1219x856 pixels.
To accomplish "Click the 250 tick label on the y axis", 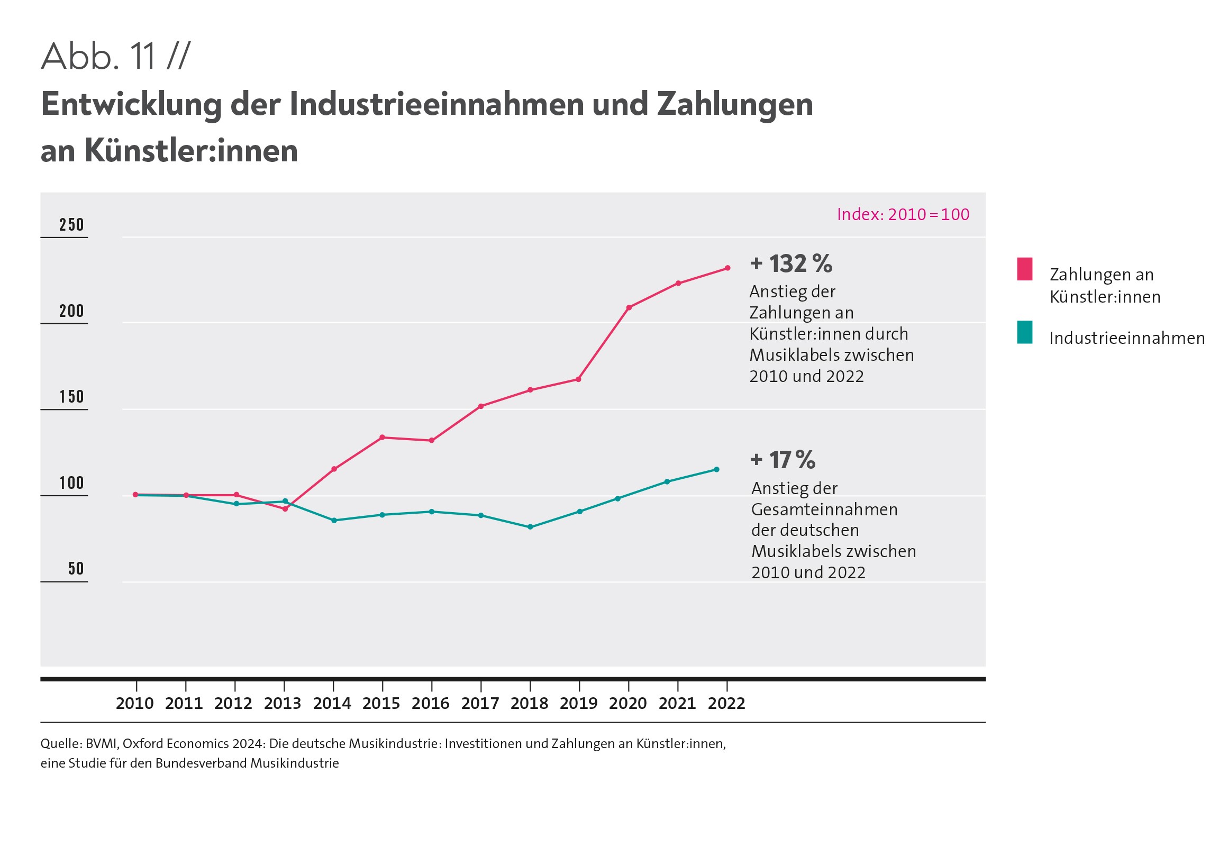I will coord(71,225).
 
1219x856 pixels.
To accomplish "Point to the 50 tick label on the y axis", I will coord(76,569).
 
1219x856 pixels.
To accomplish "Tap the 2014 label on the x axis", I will coord(332,704).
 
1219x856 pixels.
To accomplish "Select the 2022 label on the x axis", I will coord(726,704).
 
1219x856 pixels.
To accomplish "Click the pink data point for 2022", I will coord(727,268).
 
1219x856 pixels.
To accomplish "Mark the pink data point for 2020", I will coord(629,307).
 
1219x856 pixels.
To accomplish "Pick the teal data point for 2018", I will coord(530,527).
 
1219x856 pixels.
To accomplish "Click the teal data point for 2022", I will coord(716,469).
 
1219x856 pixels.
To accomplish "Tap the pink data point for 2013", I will coord(285,509).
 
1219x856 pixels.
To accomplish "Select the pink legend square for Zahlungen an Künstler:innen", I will coord(1025,269).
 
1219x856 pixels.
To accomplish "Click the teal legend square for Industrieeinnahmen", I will coord(1025,332).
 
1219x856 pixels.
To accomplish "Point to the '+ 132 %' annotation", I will coord(791,264).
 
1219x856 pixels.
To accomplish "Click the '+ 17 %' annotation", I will coord(783,460).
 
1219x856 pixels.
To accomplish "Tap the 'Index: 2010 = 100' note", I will coord(903,215).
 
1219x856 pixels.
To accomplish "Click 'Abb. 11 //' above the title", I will coord(115,56).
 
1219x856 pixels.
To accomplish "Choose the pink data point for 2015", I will coord(383,438).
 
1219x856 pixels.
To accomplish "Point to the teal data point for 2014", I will coord(334,521).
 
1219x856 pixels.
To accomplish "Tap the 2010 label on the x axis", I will coord(135,704).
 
